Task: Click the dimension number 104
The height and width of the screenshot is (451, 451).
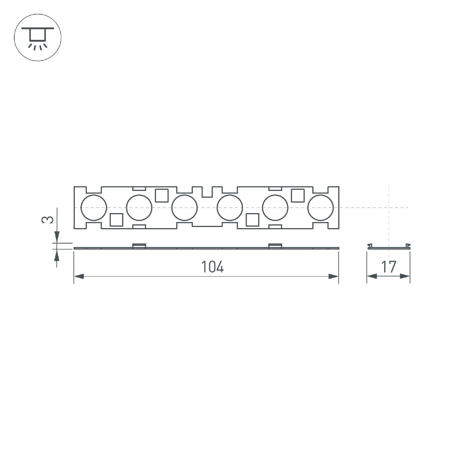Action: pos(212,267)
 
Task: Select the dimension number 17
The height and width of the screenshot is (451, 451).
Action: pos(389,267)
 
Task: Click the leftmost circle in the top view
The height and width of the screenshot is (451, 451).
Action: pos(94,208)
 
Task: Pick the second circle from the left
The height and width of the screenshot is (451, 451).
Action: pos(139,208)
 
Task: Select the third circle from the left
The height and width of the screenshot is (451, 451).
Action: pos(184,208)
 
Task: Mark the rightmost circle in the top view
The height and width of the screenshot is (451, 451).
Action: pos(320,208)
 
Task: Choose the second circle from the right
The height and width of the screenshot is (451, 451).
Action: pos(275,208)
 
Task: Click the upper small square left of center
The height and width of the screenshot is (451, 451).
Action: pos(162,195)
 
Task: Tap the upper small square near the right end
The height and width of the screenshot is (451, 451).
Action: pos(298,195)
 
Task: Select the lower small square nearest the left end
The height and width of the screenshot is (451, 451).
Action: pos(116,219)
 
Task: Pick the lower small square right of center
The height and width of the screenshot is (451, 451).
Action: pos(252,219)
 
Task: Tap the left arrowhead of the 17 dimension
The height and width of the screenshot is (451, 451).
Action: pos(371,277)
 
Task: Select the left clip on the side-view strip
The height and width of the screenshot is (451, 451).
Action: pos(139,246)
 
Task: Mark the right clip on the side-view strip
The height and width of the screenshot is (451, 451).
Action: pos(275,246)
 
